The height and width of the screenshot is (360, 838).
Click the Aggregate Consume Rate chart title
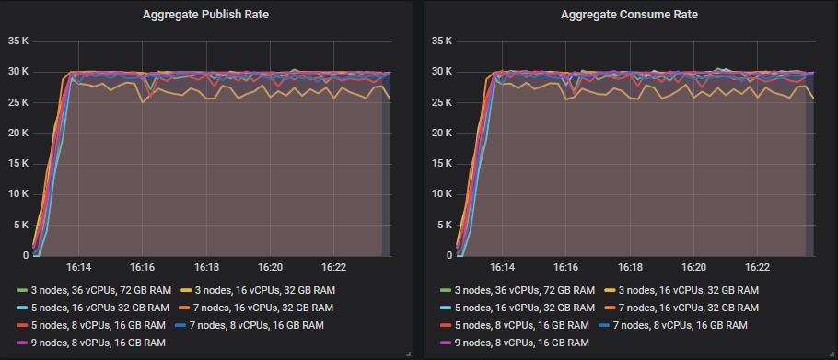point(629,15)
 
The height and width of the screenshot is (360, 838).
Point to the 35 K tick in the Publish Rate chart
point(18,41)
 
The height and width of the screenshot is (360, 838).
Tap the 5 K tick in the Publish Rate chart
point(21,225)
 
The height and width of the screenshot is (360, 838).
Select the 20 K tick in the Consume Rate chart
point(442,133)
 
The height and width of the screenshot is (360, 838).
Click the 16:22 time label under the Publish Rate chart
point(333,267)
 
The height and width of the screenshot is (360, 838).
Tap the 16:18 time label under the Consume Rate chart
point(629,267)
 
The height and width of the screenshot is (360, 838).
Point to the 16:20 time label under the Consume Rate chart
point(693,267)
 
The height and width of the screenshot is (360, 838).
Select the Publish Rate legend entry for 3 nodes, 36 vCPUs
point(87,291)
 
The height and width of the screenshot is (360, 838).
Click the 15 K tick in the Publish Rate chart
point(18,164)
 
